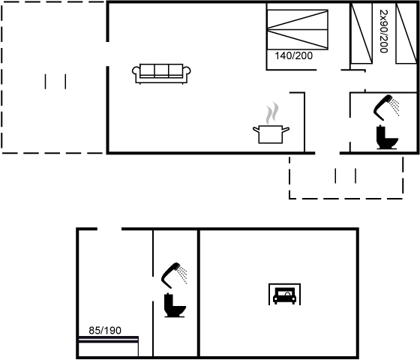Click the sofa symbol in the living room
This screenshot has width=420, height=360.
coord(161,74)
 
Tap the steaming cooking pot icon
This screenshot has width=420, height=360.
coord(271,123)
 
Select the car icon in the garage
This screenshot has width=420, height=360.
coord(284,294)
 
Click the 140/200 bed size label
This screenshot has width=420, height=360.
coord(293,55)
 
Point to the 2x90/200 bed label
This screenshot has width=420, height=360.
coord(384,31)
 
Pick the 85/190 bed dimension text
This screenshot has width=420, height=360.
coord(105,331)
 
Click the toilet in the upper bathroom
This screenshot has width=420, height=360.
coord(387,137)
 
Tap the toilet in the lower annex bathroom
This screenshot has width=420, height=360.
coord(175,305)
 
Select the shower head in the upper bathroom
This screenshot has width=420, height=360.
coord(386,107)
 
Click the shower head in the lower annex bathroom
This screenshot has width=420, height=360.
coord(174,275)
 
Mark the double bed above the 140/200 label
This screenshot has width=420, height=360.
coord(298,30)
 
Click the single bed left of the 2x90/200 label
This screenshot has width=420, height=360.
coord(361,33)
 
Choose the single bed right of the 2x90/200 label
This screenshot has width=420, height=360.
coord(406,33)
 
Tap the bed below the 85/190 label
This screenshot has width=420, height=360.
coord(109,346)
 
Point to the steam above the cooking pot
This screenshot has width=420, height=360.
coord(272,113)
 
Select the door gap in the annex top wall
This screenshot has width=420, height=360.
coord(109,229)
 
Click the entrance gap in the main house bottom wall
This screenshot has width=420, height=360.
coord(327,153)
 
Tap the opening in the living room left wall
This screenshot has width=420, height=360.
coord(108,54)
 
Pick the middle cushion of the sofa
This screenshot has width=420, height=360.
coord(161,70)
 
